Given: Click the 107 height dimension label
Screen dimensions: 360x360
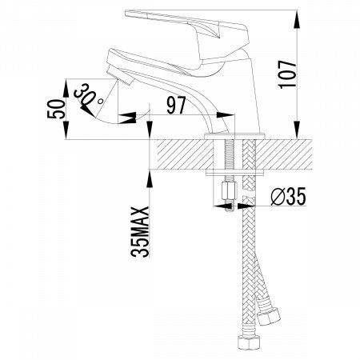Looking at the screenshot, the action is pyautogui.click(x=287, y=74).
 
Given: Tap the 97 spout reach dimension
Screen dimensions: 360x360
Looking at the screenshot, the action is pyautogui.click(x=176, y=105).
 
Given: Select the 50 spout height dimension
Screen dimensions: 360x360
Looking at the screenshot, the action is pyautogui.click(x=56, y=109).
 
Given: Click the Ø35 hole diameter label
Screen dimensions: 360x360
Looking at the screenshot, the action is pyautogui.click(x=288, y=197).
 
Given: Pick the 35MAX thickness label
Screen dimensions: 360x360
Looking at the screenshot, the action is pyautogui.click(x=140, y=232).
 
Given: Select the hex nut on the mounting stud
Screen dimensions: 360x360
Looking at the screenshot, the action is pyautogui.click(x=230, y=190).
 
